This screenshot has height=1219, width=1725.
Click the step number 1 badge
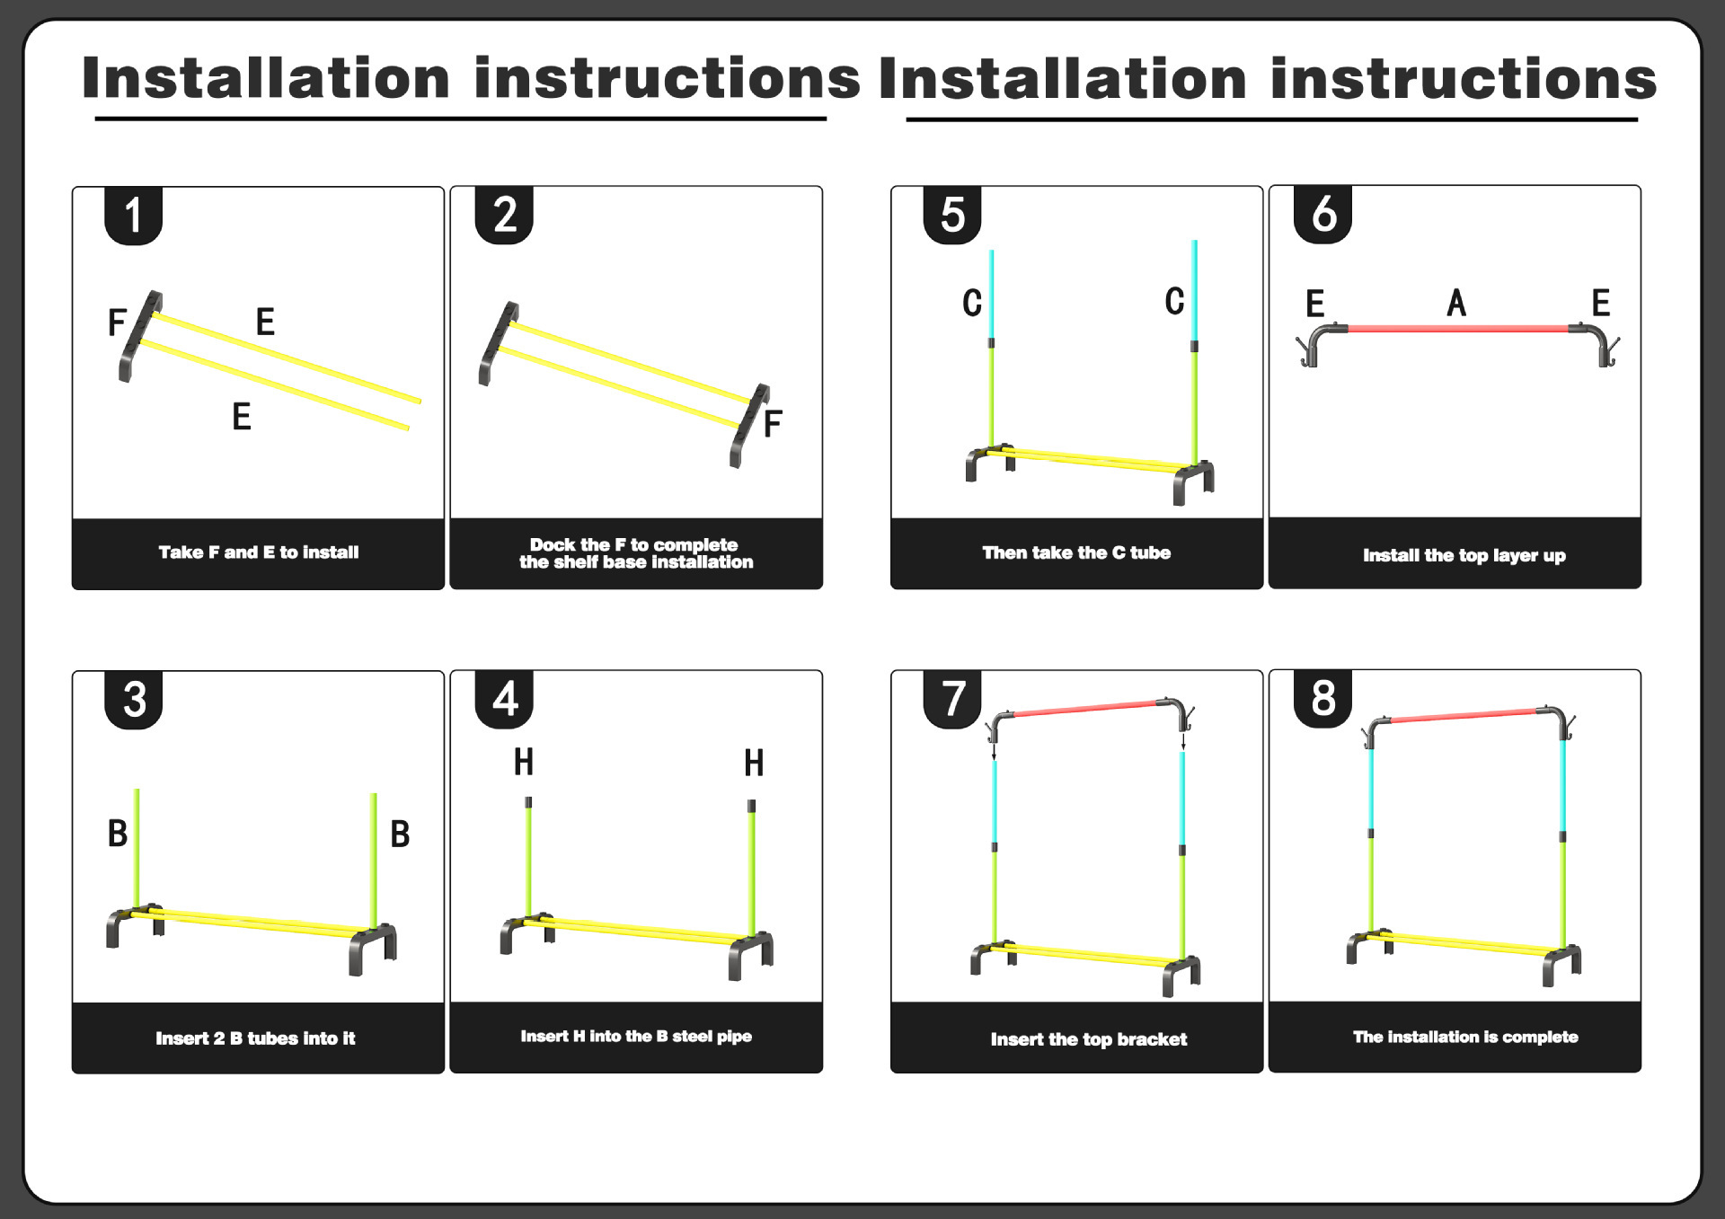[133, 216]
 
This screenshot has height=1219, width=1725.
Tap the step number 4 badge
[504, 699]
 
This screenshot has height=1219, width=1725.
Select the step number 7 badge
[952, 699]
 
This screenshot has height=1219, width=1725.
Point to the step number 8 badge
[1322, 698]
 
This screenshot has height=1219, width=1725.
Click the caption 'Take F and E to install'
[259, 552]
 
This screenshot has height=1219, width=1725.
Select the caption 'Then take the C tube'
[1076, 552]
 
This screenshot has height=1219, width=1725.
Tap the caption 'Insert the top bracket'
[1088, 1039]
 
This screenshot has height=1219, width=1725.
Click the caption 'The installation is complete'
[1464, 1037]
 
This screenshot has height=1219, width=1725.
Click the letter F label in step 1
[117, 322]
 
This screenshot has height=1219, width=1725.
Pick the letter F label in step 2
[772, 424]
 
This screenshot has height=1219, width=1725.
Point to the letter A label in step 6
[1456, 304]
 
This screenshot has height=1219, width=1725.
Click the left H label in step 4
[524, 763]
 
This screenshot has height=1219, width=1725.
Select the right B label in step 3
[400, 835]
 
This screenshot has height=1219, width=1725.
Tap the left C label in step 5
[972, 304]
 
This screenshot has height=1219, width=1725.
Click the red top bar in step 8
[1463, 716]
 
